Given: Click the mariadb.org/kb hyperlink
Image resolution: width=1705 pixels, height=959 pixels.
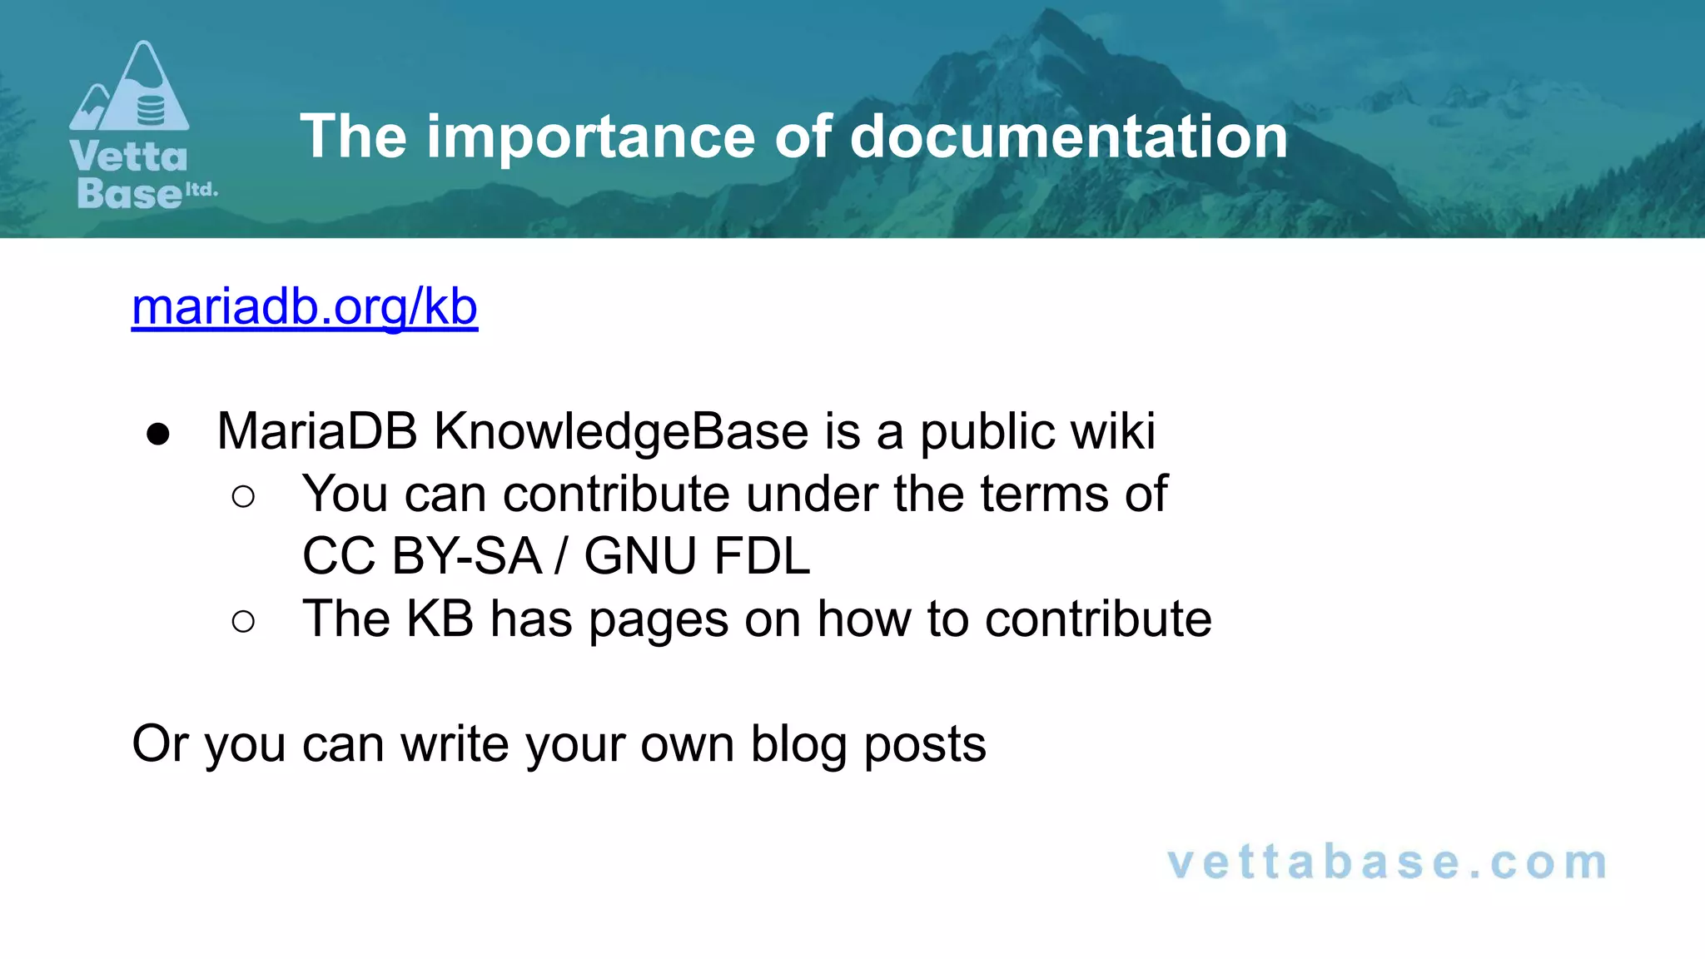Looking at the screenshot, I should point(305,307).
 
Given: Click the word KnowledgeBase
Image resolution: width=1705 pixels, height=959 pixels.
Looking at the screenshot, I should point(621,431).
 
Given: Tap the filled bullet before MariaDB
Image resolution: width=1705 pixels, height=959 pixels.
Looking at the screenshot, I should point(157,434).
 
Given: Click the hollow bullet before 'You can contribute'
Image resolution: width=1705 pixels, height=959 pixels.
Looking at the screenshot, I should point(243,497).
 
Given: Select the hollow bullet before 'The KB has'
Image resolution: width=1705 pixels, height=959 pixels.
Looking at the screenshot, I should point(243,621).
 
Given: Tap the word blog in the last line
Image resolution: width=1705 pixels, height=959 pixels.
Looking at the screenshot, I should point(798,743).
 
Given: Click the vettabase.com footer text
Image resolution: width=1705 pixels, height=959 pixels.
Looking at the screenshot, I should point(1387,862).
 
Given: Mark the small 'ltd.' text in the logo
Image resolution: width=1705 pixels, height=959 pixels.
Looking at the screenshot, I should point(201,190).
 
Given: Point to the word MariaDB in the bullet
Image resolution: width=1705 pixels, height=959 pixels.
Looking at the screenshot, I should point(317,431).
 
